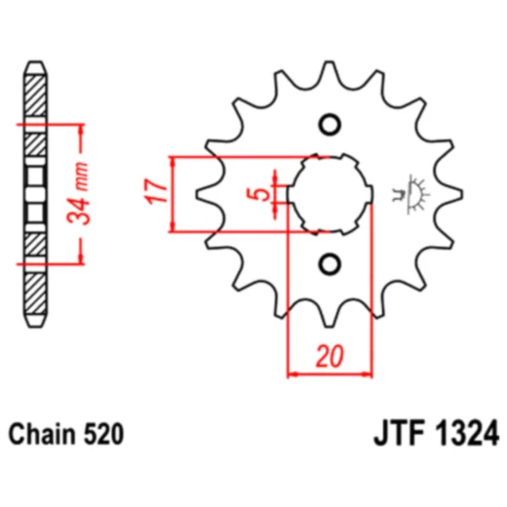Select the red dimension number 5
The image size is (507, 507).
(257, 194)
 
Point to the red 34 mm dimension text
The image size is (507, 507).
(85, 195)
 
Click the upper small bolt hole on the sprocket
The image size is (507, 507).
(331, 125)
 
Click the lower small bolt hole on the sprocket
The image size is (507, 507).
(331, 263)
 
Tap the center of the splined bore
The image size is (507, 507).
(331, 194)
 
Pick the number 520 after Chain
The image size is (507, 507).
(103, 432)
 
